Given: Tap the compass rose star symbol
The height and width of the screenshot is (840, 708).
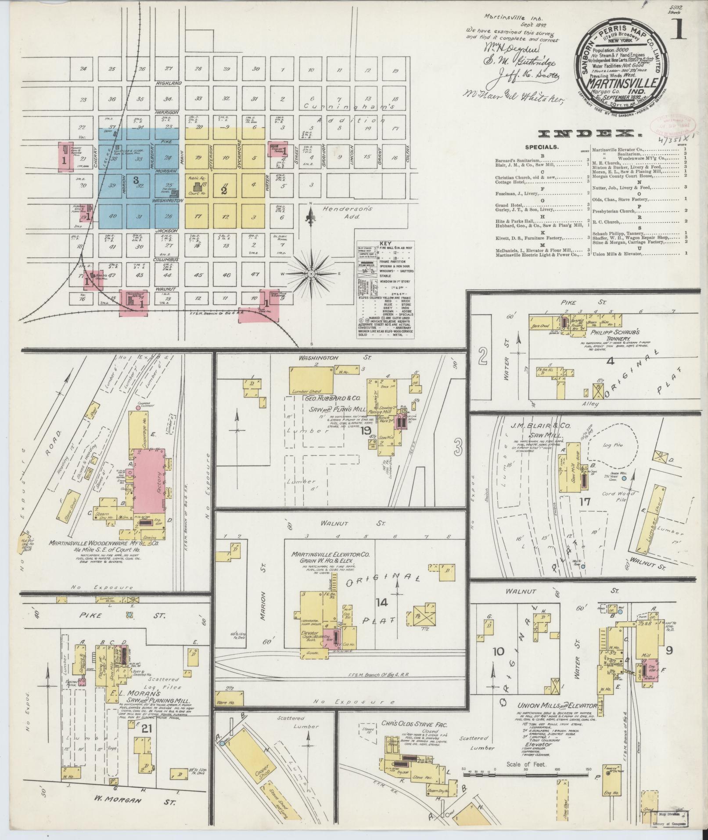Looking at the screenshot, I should pos(311,274).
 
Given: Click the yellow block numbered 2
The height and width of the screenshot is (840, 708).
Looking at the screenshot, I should pos(224,191).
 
